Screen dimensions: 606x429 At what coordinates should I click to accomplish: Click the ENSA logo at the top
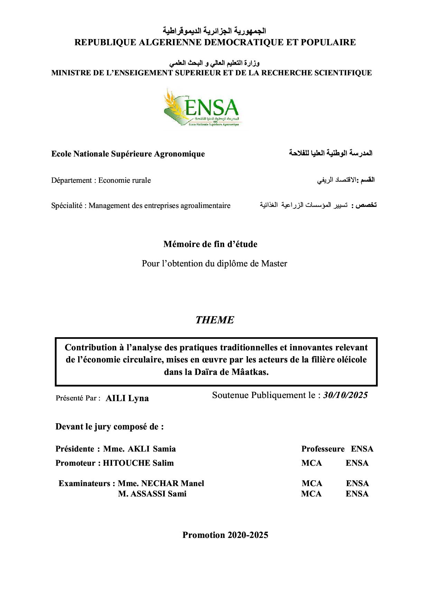tap(201, 107)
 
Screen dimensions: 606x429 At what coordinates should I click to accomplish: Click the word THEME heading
tap(214, 320)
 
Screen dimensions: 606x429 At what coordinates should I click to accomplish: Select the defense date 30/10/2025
tap(345, 395)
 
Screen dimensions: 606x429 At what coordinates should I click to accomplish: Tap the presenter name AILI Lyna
tap(127, 398)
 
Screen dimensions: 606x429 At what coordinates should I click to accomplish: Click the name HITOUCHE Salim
tap(138, 463)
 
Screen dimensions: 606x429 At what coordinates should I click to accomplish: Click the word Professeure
tap(323, 449)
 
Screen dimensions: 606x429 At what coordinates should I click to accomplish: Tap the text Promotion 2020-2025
tap(225, 535)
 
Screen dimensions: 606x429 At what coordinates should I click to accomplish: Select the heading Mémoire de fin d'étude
tap(210, 244)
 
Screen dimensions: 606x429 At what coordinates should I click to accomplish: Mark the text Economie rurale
tap(125, 180)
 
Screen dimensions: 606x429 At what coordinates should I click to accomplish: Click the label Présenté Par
tap(78, 398)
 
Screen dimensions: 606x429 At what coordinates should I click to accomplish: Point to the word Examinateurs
tap(84, 483)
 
